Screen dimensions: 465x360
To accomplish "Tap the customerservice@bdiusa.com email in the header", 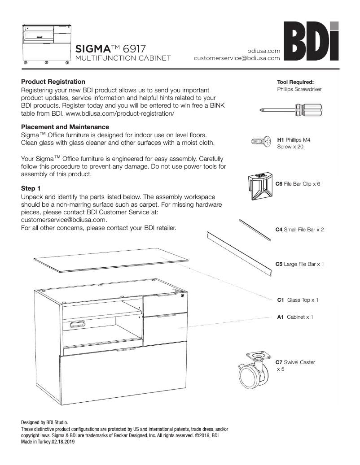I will [x=237, y=58].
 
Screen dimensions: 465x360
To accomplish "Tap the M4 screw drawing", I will [x=262, y=143].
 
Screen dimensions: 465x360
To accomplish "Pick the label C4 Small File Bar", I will [x=299, y=230].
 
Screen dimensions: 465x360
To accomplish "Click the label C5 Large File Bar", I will [x=299, y=264].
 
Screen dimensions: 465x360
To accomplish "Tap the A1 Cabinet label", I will [x=295, y=317].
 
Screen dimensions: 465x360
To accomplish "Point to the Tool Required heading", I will [x=295, y=82].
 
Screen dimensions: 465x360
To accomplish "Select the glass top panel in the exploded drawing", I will [x=110, y=260].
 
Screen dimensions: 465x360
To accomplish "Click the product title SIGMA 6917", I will [x=109, y=48].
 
